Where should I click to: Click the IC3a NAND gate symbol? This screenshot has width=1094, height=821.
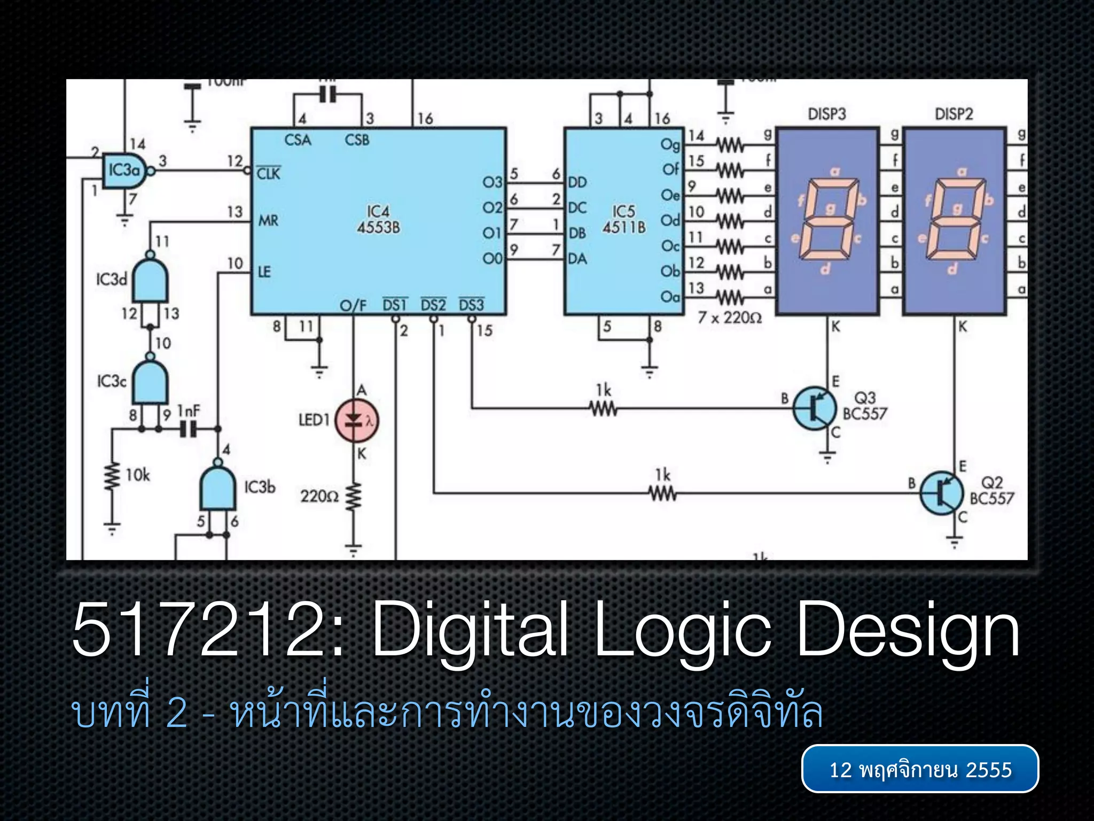124,171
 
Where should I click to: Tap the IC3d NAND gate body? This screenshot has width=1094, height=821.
151,280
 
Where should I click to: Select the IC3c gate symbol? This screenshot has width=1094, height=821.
151,382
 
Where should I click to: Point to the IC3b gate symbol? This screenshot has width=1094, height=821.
217,487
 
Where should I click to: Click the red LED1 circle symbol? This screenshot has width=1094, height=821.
356,421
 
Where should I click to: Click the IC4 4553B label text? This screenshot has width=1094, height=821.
378,219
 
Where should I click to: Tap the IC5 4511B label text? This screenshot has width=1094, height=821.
623,219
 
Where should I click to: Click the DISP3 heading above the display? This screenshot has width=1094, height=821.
826,114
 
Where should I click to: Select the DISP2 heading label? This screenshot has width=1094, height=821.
954,114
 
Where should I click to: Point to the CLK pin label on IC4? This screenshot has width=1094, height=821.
268,174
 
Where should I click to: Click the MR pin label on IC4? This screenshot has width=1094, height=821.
268,220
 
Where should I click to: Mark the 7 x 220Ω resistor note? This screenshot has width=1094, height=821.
730,318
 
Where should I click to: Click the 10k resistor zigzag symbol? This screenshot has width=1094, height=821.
112,476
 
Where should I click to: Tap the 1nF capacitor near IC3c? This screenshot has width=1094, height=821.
188,428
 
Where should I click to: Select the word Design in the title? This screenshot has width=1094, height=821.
908,631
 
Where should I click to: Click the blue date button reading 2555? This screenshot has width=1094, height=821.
920,769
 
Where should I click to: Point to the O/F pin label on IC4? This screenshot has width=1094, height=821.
353,306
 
